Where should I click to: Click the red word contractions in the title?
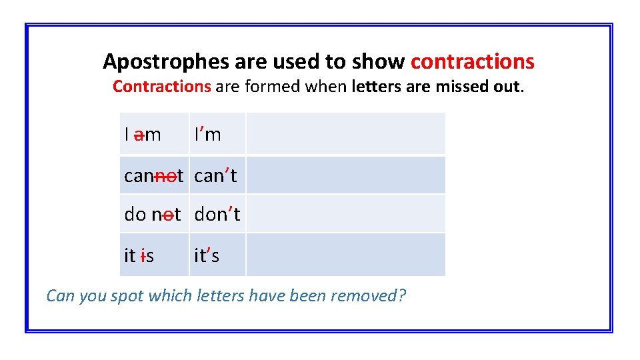pyautogui.click(x=472, y=62)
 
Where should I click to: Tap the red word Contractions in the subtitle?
pyautogui.click(x=161, y=87)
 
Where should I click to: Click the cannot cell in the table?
pyautogui.click(x=153, y=176)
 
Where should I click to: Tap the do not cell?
pyautogui.click(x=153, y=215)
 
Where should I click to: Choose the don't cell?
pyautogui.click(x=217, y=215)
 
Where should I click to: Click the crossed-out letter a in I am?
pyautogui.click(x=139, y=135)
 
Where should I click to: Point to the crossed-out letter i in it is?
pyautogui.click(x=143, y=255)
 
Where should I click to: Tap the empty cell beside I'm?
pyautogui.click(x=345, y=134)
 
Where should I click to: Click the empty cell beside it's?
pyautogui.click(x=345, y=255)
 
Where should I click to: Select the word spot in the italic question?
pyautogui.click(x=129, y=295)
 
